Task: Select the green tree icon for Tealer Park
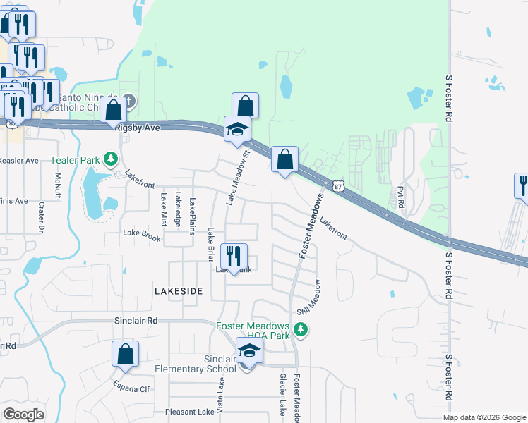tap(110, 159)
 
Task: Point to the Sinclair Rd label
tap(136, 320)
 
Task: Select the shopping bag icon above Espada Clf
tap(125, 354)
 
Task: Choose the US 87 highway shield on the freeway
tap(339, 186)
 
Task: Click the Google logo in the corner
tap(23, 415)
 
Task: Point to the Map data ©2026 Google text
tap(484, 417)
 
